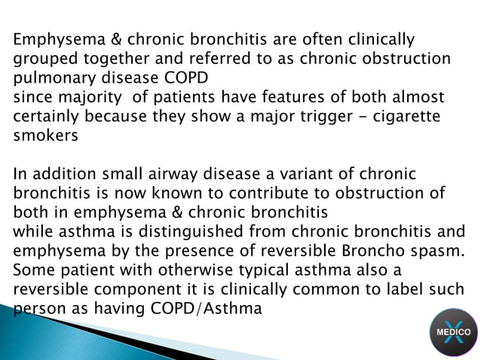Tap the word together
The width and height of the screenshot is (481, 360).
[110, 59]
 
